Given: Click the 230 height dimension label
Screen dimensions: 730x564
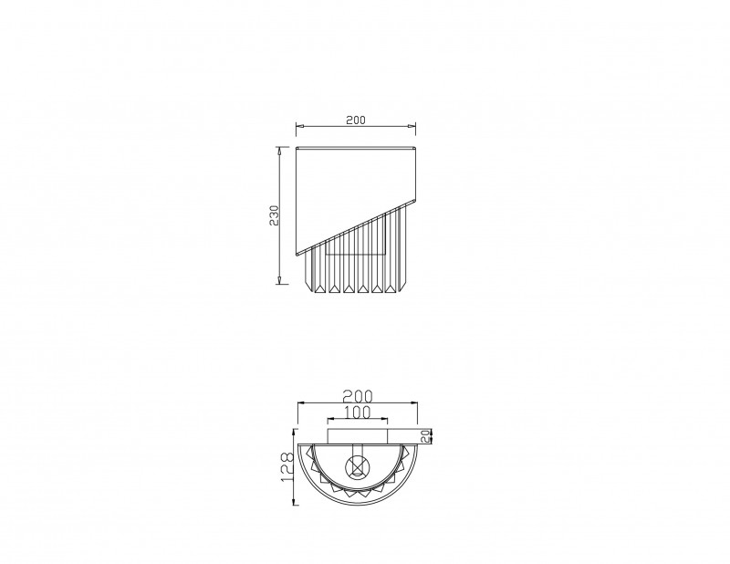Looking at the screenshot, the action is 275,215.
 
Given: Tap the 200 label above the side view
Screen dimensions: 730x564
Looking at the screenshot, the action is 356,120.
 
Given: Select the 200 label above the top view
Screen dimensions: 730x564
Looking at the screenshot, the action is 358,396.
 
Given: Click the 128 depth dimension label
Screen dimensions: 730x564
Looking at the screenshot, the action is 287,466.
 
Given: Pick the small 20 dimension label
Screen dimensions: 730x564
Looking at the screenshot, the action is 425,436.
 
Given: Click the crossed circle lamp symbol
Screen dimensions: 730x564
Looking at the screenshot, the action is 357,466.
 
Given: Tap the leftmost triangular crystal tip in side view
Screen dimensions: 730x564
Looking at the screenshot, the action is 319,288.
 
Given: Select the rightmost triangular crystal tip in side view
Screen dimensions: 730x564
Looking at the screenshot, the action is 390,288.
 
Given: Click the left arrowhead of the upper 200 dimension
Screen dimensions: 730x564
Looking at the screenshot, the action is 300,126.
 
